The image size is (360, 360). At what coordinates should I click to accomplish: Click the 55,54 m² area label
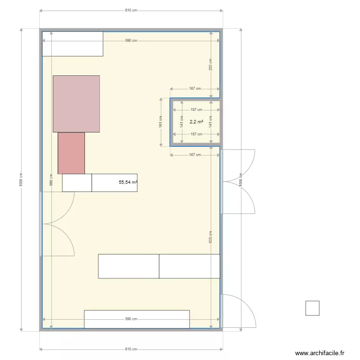click(128, 182)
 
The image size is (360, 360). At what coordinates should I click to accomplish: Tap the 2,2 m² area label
click(196, 122)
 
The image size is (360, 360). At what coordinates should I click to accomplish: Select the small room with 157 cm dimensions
click(196, 130)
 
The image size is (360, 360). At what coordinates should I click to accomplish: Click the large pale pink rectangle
click(76, 104)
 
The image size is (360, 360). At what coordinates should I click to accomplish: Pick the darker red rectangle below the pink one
click(71, 153)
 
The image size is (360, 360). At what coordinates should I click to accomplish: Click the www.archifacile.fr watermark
click(320, 353)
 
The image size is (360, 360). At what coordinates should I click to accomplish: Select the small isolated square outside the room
click(312, 308)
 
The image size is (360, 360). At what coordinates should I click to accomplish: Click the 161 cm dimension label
click(161, 122)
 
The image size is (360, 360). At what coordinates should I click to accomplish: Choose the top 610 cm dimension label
click(131, 10)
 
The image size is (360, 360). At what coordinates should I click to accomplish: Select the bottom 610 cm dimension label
click(131, 349)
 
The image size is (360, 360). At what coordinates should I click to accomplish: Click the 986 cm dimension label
click(51, 180)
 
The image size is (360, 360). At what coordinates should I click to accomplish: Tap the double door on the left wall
click(56, 223)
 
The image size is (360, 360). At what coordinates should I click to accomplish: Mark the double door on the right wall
click(239, 181)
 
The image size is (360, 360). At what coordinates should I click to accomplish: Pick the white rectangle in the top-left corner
click(72, 44)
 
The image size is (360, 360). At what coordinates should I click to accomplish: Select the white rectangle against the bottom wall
click(137, 319)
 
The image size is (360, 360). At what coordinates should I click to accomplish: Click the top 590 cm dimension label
click(131, 41)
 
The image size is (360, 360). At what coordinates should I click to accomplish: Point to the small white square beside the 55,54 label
click(77, 183)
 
